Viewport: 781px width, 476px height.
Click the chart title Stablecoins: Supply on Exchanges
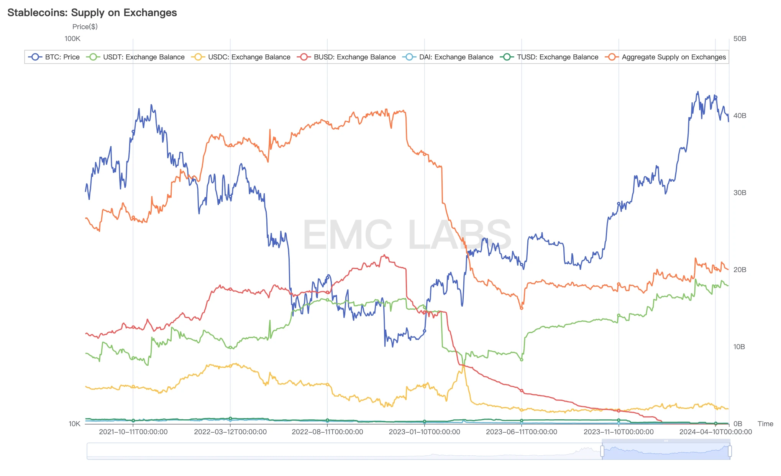coord(92,13)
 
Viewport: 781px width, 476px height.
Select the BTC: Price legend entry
coord(54,57)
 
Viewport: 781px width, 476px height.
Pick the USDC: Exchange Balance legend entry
coord(241,57)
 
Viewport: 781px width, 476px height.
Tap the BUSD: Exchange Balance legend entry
coord(346,57)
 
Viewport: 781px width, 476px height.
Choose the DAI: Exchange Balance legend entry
coord(448,57)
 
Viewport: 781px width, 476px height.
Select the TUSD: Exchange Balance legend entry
coord(549,57)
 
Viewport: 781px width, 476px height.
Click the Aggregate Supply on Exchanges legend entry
coord(666,57)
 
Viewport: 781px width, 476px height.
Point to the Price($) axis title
coord(85,26)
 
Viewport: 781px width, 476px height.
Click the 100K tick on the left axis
coord(72,39)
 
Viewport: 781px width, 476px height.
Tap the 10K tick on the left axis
coord(74,424)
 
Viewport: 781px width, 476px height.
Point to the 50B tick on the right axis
coord(740,39)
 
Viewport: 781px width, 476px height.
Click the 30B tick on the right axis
coord(740,193)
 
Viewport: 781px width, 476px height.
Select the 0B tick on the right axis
coord(738,424)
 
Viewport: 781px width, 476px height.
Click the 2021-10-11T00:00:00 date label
coord(133,432)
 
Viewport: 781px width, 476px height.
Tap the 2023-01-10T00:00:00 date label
coord(424,432)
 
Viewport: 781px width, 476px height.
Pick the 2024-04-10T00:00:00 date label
coord(715,432)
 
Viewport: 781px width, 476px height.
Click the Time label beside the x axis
coord(765,424)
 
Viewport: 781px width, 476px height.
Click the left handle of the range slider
coord(602,451)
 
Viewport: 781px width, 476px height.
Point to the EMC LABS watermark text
coord(407,235)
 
